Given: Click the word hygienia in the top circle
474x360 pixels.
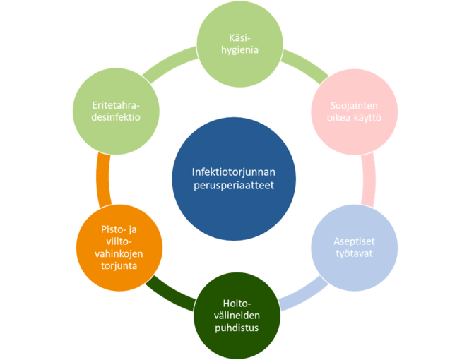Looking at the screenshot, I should tap(239, 50).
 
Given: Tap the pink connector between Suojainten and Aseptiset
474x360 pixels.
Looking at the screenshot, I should tap(368, 180).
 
